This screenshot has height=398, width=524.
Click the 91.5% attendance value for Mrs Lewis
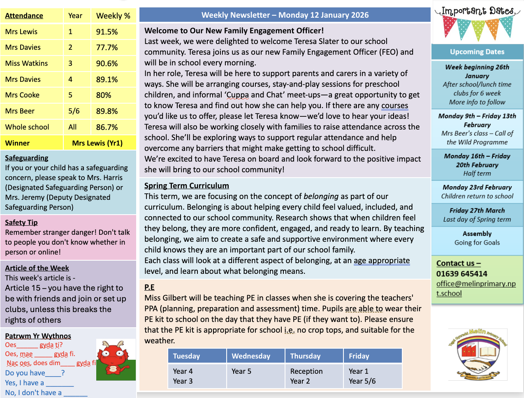point(107,32)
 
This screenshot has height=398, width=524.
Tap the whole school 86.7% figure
point(107,127)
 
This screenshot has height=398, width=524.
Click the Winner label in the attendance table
point(17,143)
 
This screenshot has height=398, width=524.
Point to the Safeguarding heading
point(27,158)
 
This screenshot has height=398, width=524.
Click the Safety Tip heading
point(21,222)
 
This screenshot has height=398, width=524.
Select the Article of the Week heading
point(37,268)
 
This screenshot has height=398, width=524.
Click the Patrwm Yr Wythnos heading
point(38,336)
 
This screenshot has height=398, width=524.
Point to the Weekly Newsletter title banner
point(285,15)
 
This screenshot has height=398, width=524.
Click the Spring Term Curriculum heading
point(187,185)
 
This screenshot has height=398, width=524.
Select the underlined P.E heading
point(149,287)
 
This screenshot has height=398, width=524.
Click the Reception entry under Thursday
point(306,371)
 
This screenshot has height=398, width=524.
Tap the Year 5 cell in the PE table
point(241,371)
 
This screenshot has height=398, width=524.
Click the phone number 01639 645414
point(462,274)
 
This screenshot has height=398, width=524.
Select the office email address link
point(476,288)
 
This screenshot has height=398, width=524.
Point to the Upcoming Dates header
point(477,52)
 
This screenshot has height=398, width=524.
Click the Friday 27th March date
point(477,211)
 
